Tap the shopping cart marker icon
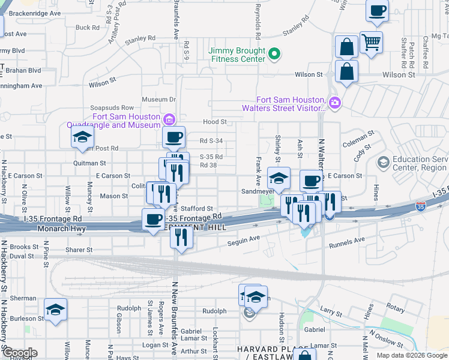pos(372,41)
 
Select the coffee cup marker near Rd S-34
pos(173,136)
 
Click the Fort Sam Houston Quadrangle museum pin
pos(169,117)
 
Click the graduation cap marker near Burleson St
pos(56,309)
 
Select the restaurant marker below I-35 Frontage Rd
pos(181,236)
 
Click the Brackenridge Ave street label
pos(35,13)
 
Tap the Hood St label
pos(214,121)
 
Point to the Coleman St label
pos(358,139)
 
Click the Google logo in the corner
pos(19,353)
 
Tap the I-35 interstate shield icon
pos(421,206)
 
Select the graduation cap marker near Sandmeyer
pos(279,178)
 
